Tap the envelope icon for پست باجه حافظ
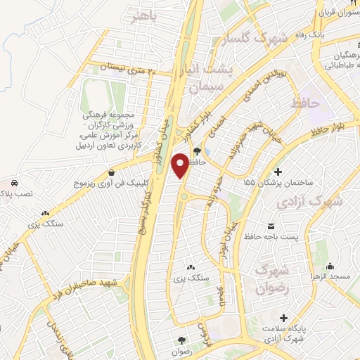click(x=271, y=226)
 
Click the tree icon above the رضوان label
click(x=181, y=340)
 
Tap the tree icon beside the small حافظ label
click(x=197, y=150)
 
